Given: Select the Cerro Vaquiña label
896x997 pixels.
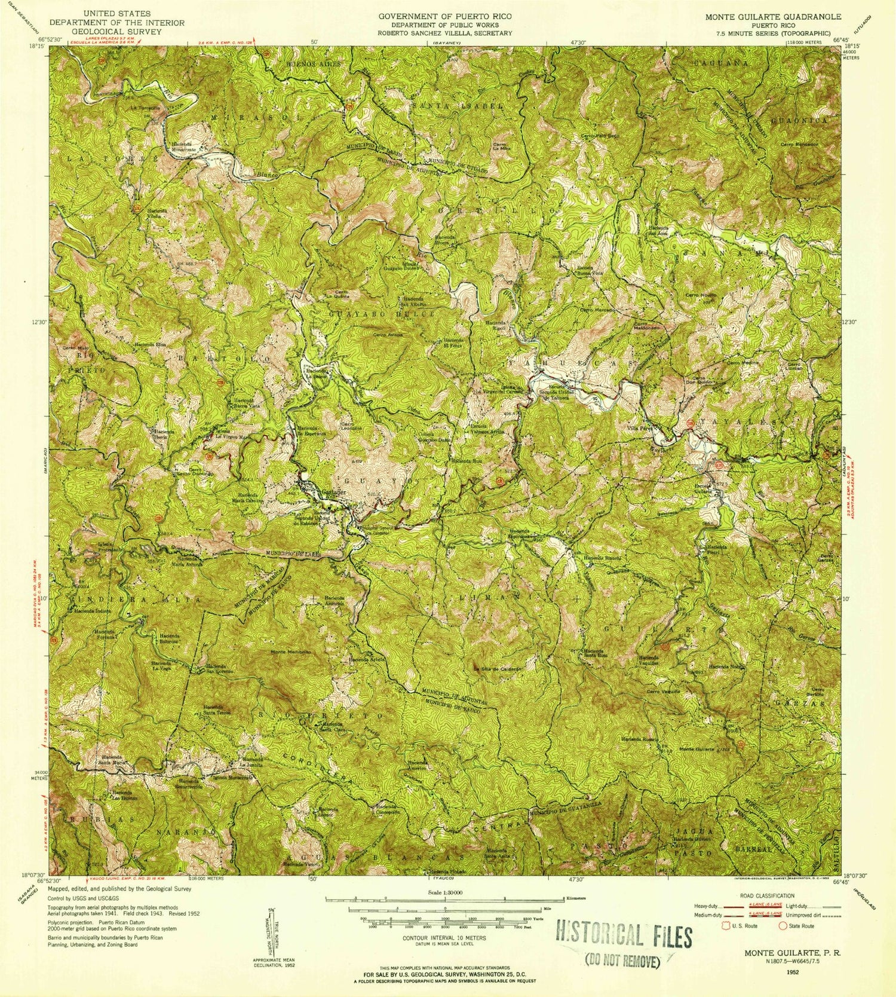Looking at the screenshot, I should click(664, 692).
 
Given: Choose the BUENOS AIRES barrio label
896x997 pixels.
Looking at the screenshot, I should click(315, 63).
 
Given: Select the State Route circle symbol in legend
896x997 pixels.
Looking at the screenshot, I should click(783, 926).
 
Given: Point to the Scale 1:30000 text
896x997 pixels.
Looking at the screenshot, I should click(445, 891).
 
